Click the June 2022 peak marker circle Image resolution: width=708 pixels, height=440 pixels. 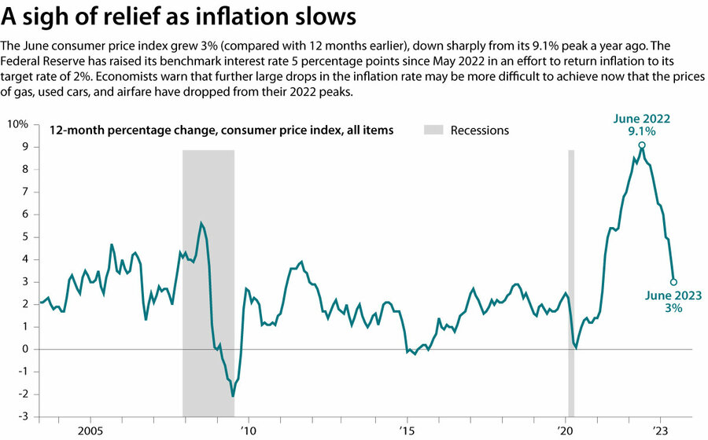[642, 145]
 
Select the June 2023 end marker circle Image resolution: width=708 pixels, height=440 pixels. [673, 281]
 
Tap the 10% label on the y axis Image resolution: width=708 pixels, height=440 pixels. [18, 124]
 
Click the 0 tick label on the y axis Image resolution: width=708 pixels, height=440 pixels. [25, 349]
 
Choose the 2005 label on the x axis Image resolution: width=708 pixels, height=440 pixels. [90, 431]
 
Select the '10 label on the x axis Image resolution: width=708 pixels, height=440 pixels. [249, 431]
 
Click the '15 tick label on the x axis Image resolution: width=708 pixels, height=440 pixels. [407, 431]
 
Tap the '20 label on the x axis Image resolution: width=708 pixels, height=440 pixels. [566, 431]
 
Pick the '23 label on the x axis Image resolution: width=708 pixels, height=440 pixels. [660, 431]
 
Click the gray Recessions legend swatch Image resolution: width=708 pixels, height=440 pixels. [434, 130]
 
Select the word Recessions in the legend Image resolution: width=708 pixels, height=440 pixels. [480, 130]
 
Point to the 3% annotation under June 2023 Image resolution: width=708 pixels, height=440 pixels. [673, 309]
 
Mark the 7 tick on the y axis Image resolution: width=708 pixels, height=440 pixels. [25, 191]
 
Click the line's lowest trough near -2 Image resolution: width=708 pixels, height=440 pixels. [233, 395]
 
